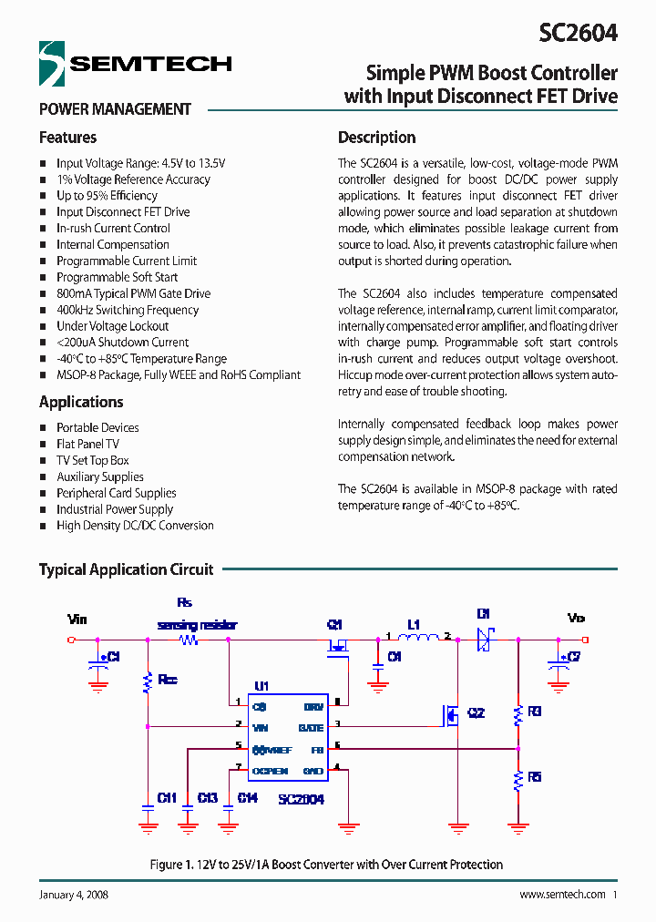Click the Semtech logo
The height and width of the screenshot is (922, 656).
pos(135,63)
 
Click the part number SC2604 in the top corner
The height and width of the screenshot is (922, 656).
pos(578,33)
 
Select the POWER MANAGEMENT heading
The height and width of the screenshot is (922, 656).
pos(115,109)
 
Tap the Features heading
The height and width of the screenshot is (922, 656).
pos(67,138)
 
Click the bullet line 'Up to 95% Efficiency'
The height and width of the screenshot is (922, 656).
pos(107,196)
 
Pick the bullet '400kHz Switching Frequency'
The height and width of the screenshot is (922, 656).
pos(127,310)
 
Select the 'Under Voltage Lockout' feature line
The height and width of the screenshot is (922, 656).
pos(112,326)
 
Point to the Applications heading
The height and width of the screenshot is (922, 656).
pos(81,402)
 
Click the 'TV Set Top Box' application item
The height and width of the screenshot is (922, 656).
pos(92,460)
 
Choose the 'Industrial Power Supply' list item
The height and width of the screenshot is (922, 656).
pos(114,509)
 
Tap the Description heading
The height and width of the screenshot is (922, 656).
pos(376,138)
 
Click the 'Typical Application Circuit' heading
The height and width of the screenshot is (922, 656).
pos(126,569)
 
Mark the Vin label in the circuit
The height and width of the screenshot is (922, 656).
pos(77,620)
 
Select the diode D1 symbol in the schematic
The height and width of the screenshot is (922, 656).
pos(484,640)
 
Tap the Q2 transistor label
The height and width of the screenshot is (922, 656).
pos(476,713)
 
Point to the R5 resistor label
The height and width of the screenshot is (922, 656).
pos(534,777)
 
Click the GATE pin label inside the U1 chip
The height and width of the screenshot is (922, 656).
pos(311,727)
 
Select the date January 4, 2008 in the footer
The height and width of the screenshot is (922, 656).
pos(74,895)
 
